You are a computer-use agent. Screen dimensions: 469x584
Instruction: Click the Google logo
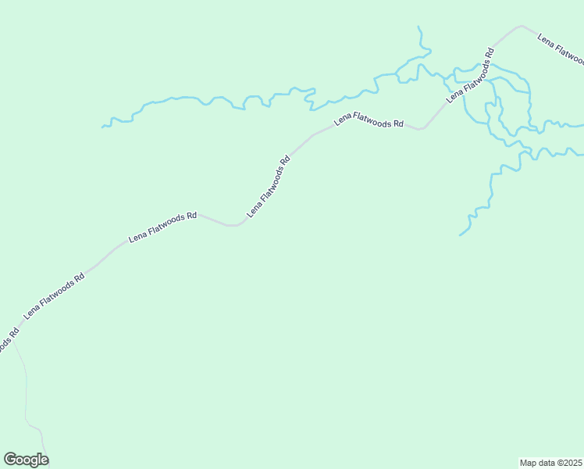[26, 460]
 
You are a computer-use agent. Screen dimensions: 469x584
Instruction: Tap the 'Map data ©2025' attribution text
[550, 463]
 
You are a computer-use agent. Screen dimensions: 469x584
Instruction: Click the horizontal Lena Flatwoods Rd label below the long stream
[369, 120]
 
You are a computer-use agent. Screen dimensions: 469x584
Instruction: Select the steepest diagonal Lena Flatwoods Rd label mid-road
[269, 186]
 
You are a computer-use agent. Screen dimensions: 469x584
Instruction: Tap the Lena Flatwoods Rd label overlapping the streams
[470, 76]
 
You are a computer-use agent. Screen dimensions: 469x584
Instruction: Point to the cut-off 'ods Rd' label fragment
[8, 342]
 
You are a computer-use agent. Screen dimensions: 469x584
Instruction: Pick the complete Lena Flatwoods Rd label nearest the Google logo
[54, 295]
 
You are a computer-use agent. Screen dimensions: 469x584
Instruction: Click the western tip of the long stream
[102, 126]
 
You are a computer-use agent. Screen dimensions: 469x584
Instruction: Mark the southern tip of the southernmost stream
[460, 234]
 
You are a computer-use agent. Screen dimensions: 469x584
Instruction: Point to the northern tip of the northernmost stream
[418, 27]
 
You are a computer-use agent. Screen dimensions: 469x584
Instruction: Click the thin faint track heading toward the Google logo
[27, 391]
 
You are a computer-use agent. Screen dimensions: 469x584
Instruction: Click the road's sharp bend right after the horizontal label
[420, 129]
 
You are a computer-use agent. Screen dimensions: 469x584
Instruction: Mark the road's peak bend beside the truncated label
[521, 26]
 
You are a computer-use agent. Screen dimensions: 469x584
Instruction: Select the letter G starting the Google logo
[10, 460]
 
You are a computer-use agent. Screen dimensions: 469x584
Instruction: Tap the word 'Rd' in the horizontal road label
[397, 124]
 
